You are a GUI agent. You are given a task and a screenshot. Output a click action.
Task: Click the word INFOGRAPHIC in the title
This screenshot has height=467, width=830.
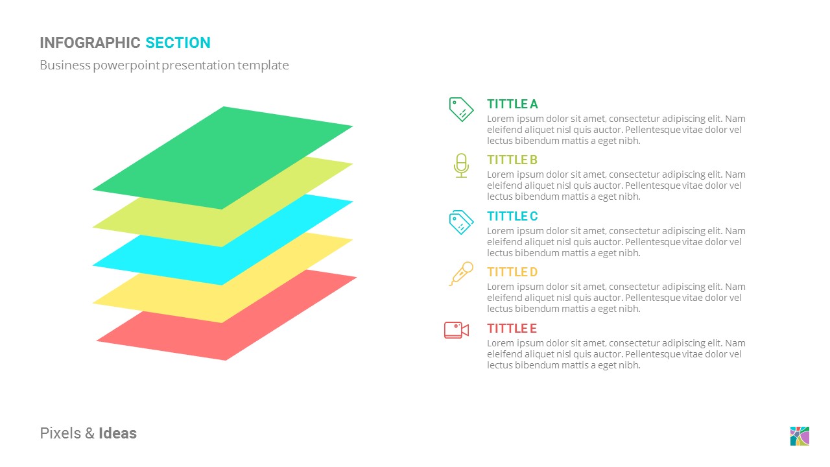pos(90,43)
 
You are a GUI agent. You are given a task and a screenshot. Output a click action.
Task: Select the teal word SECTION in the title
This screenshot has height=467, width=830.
pos(178,43)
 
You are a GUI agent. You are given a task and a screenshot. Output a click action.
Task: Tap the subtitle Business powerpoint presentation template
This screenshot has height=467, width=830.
pos(164,66)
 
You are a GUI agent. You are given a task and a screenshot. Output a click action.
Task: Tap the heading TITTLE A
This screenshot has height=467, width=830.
pos(512,104)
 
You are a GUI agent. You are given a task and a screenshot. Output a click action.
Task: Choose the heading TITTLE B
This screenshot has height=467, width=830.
pos(512,160)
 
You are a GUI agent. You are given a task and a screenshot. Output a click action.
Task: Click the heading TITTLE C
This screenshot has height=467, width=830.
pos(512,217)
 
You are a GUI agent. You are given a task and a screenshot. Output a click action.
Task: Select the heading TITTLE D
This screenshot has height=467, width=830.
pos(512,272)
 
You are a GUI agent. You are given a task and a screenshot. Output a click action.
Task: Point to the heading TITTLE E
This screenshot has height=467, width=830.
pos(512,329)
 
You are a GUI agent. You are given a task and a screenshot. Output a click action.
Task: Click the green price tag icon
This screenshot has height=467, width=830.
pos(461,109)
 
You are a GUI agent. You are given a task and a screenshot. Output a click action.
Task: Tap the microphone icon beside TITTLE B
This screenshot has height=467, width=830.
pos(461,165)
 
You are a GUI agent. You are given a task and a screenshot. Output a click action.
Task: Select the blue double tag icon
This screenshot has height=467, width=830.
pos(461,222)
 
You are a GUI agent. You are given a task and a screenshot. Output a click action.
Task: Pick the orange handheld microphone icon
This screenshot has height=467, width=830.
pos(461,274)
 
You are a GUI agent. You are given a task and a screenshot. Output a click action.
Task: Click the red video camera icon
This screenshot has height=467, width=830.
pos(456,329)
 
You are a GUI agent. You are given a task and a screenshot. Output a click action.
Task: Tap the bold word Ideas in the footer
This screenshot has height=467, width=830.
pos(117,433)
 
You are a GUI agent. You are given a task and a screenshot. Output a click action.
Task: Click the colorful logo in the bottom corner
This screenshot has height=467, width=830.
pos(800,436)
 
